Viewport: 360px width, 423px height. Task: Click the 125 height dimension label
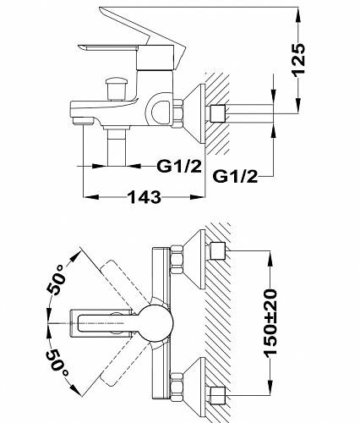(298, 59)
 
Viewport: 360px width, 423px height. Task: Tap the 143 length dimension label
(145, 196)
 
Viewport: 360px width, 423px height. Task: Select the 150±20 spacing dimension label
(270, 321)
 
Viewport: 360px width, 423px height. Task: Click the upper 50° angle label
(57, 281)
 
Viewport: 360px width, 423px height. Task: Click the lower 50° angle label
(57, 364)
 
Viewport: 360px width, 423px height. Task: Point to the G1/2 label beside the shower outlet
(179, 167)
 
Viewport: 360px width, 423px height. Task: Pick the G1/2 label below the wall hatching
(235, 177)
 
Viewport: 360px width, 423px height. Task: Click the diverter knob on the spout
(117, 89)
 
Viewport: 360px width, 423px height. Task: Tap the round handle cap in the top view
(155, 323)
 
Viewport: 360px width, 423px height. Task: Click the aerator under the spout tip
(83, 121)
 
